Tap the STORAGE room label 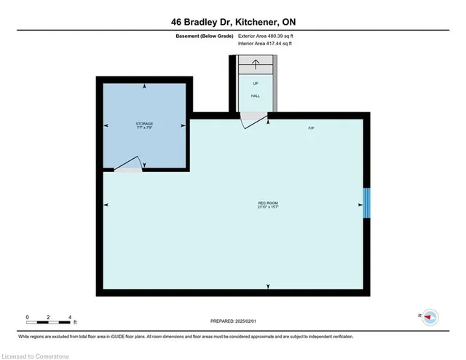[144, 125]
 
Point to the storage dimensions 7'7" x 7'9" [144, 129]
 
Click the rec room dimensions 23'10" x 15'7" [269, 207]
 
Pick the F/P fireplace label [311, 128]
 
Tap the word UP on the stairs [255, 83]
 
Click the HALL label [255, 95]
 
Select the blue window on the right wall [367, 203]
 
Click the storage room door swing [127, 163]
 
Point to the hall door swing [253, 120]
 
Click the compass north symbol [429, 316]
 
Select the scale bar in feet [50, 320]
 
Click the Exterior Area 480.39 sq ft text [266, 36]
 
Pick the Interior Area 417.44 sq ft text [266, 44]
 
